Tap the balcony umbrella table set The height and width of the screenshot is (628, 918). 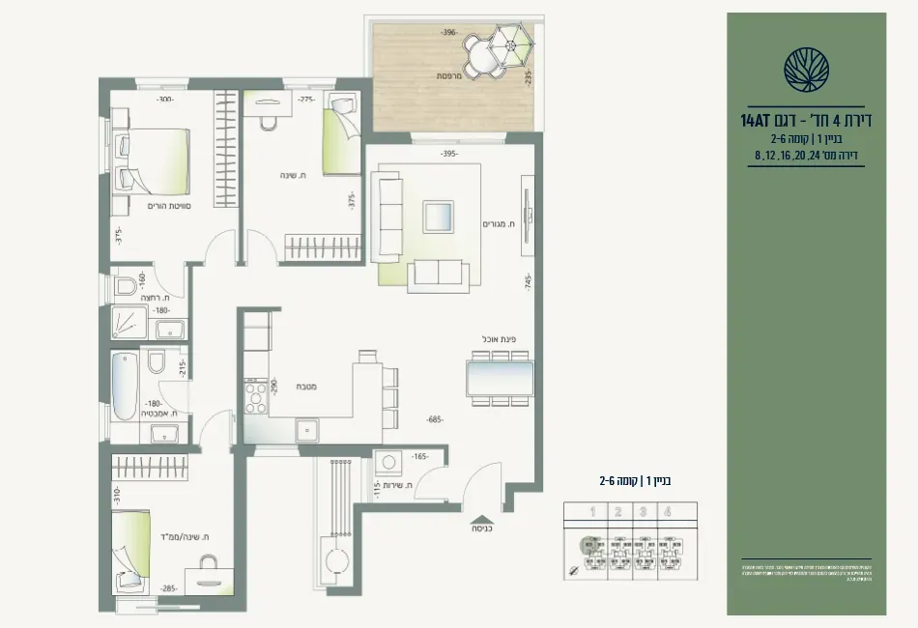tap(495, 52)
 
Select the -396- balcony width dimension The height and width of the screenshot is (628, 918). tap(447, 32)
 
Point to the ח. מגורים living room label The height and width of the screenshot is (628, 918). tap(502, 223)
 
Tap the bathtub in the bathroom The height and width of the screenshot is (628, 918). tap(125, 386)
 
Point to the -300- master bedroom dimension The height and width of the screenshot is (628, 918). tap(166, 99)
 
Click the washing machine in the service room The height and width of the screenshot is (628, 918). tap(390, 463)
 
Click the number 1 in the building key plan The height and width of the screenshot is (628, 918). tap(592, 512)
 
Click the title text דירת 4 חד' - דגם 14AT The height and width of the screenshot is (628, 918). tap(806, 121)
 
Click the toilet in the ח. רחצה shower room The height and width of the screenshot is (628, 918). tap(126, 287)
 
